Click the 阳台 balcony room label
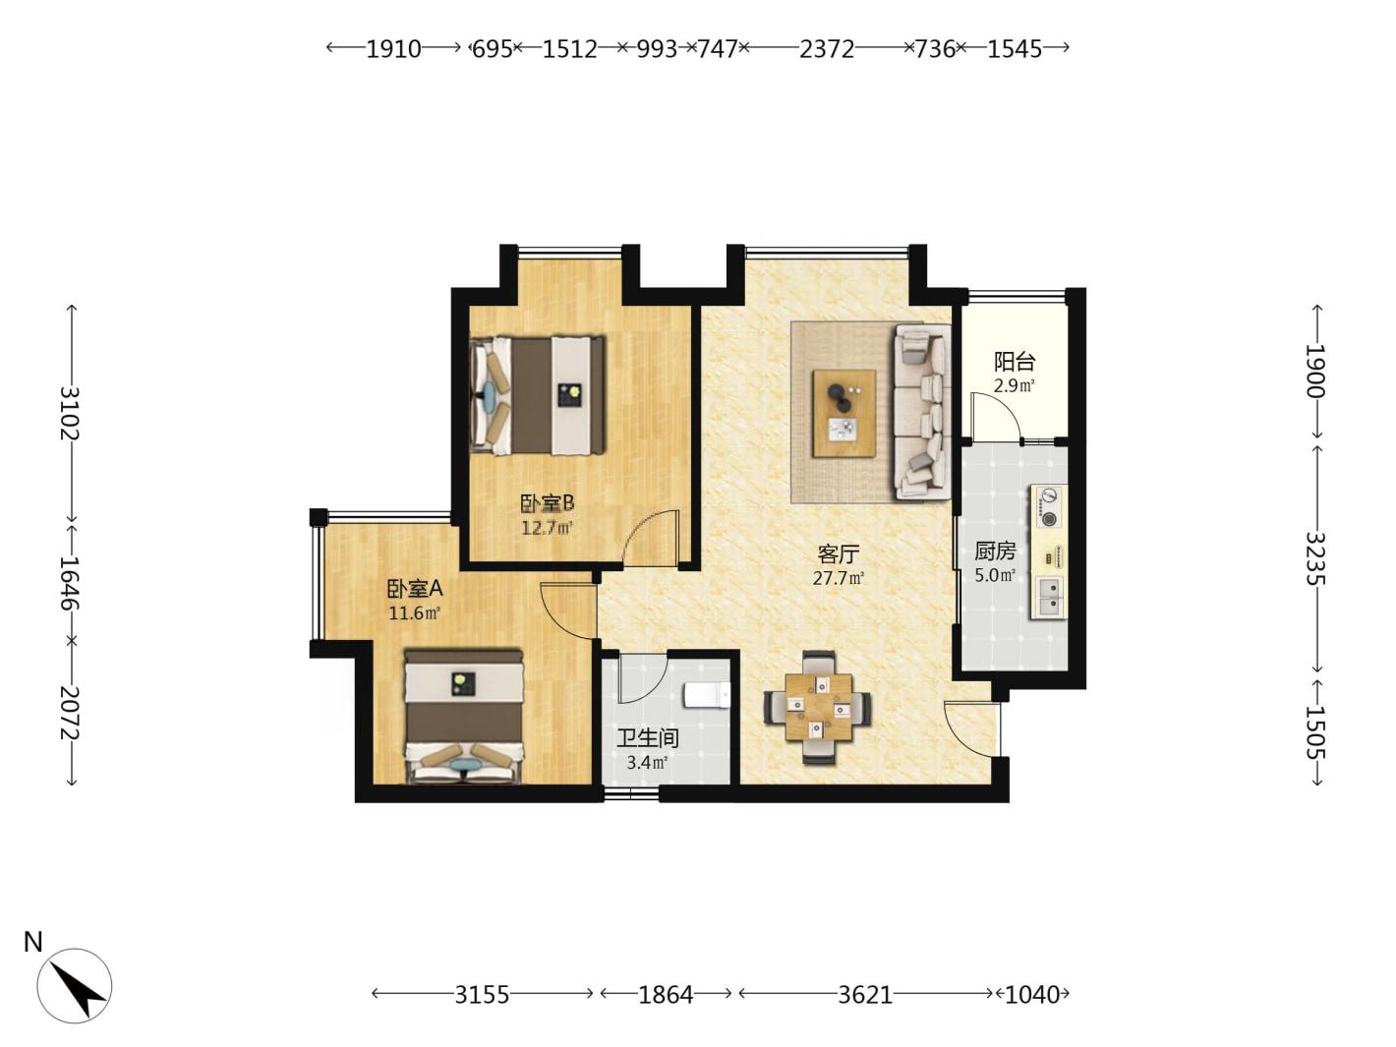[x=1014, y=362]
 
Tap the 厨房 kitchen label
[x=995, y=551]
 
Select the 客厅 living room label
[x=839, y=554]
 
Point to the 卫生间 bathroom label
[x=648, y=738]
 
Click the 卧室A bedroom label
[x=415, y=589]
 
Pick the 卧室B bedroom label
[x=548, y=503]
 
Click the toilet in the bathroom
[x=707, y=695]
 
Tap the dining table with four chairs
[x=818, y=707]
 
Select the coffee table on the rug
[x=843, y=413]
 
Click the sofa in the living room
[x=923, y=412]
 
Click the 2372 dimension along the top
[x=826, y=48]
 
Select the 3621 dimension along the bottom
[x=865, y=994]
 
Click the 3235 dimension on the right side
[x=1315, y=557]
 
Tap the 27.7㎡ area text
[x=839, y=578]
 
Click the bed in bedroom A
[x=464, y=715]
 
